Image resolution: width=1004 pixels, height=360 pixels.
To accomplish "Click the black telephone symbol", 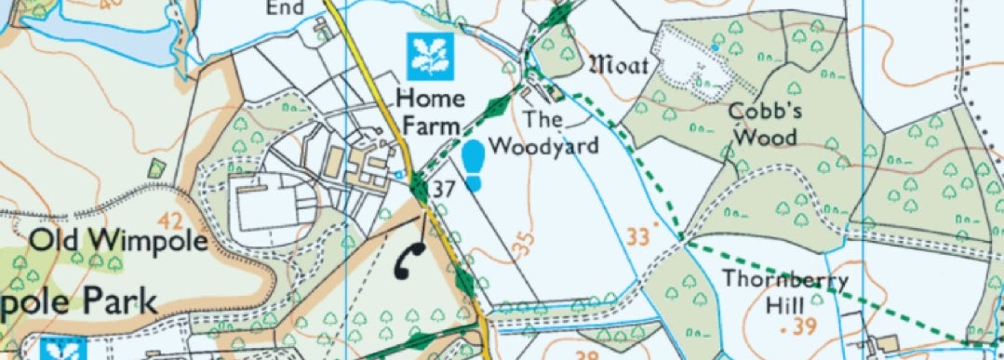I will (408, 260).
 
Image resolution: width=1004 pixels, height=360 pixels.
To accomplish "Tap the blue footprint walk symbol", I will (474, 165).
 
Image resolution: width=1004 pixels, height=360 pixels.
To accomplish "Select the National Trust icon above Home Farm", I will (429, 56).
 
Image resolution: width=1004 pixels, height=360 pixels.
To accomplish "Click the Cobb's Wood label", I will (762, 123).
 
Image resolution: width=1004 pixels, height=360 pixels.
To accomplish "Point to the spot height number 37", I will (444, 190).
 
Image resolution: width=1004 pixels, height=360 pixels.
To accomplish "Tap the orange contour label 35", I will (523, 245).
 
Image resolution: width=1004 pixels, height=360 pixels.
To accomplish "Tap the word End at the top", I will (286, 7).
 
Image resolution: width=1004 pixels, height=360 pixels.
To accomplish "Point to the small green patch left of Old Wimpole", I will (156, 168).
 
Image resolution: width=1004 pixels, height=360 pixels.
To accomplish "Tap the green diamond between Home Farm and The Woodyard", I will (499, 104).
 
